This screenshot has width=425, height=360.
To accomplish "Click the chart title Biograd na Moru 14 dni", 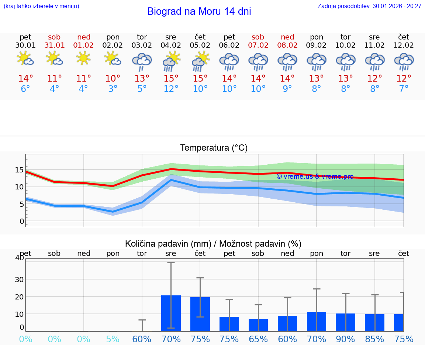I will tap(199, 11).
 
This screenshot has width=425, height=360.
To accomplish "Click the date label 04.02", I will tap(171, 45).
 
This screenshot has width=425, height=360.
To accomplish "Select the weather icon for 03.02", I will tap(142, 62).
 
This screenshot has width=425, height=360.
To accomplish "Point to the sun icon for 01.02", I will tap(84, 58).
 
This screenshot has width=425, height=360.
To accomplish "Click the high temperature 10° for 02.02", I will tap(113, 79).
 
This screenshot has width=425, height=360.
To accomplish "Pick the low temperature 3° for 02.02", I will tap(113, 89).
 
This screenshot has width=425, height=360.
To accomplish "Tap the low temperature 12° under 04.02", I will tap(171, 89).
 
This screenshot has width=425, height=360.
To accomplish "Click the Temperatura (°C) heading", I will tap(214, 148).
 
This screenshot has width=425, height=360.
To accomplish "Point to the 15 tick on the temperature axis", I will tap(19, 170).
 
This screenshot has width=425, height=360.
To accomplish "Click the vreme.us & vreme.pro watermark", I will tap(315, 176).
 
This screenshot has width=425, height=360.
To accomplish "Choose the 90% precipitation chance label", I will tap(346, 339).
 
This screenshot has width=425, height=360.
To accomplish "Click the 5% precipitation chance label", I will tap(113, 339).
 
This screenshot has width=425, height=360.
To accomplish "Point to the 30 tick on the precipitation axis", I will tap(19, 279).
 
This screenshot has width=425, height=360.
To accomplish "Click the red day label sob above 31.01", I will tap(54, 37).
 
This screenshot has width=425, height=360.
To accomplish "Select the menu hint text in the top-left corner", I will tap(41, 6).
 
